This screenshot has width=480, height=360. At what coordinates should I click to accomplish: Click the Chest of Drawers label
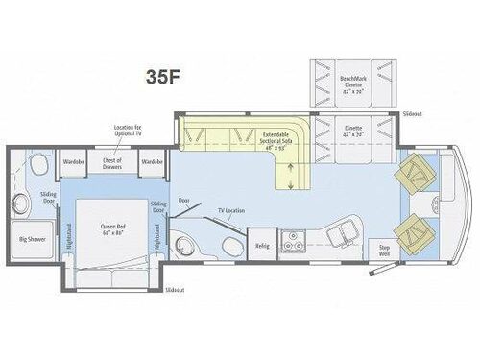pyautogui.click(x=113, y=163)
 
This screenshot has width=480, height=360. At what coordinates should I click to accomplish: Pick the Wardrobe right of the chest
pyautogui.click(x=152, y=162)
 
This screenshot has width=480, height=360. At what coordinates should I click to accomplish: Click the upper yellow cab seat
pyautogui.click(x=418, y=173)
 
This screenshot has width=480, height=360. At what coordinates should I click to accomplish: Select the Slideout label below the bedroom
pyautogui.click(x=174, y=288)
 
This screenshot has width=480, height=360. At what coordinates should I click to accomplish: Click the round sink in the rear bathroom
pyautogui.click(x=24, y=203)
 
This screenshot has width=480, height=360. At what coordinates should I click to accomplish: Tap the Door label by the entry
pyautogui.click(x=184, y=201)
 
